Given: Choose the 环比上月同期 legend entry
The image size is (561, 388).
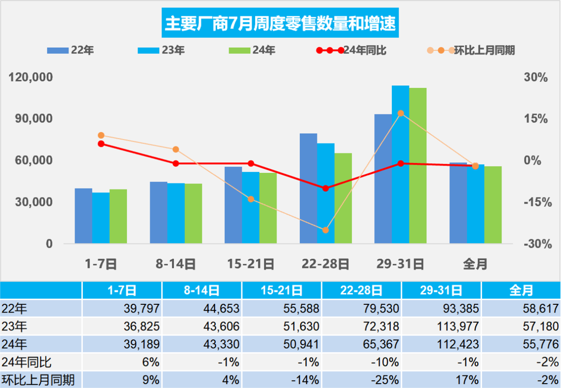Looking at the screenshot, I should pos(472,50).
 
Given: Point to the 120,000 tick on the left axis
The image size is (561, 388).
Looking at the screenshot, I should pos(31,78).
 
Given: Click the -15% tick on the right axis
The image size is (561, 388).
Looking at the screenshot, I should pos(536,202).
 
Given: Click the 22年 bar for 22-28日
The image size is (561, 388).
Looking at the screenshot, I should pos(308,188).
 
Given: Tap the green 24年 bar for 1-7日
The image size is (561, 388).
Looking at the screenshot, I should pos(118,216).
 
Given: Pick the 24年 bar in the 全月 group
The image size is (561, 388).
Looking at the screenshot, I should pos(493,205).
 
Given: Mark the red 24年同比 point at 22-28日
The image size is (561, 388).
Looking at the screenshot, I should pos(325,188).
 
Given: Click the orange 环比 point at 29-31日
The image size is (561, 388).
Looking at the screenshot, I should pos(400,113).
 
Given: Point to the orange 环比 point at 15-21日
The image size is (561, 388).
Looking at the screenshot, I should pos(251,199).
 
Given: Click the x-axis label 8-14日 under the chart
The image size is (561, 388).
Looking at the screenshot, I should pos(175,264).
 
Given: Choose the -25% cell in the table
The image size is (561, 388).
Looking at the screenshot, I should pos(361,379).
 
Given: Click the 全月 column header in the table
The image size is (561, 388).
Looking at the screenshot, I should pos(521,290).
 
